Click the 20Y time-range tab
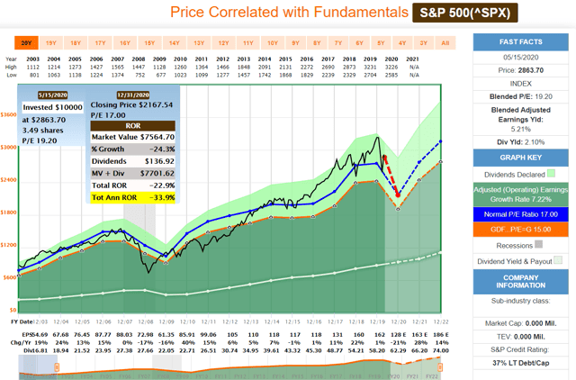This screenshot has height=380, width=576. click(26, 42)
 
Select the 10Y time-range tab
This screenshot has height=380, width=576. click(271, 42)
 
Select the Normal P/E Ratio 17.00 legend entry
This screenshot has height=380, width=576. click(521, 215)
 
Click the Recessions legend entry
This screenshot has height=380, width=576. click(521, 243)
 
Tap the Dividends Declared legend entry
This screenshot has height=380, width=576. click(521, 174)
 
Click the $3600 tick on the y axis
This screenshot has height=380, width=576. click(8, 115)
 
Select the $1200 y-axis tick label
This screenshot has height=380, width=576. click(8, 245)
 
